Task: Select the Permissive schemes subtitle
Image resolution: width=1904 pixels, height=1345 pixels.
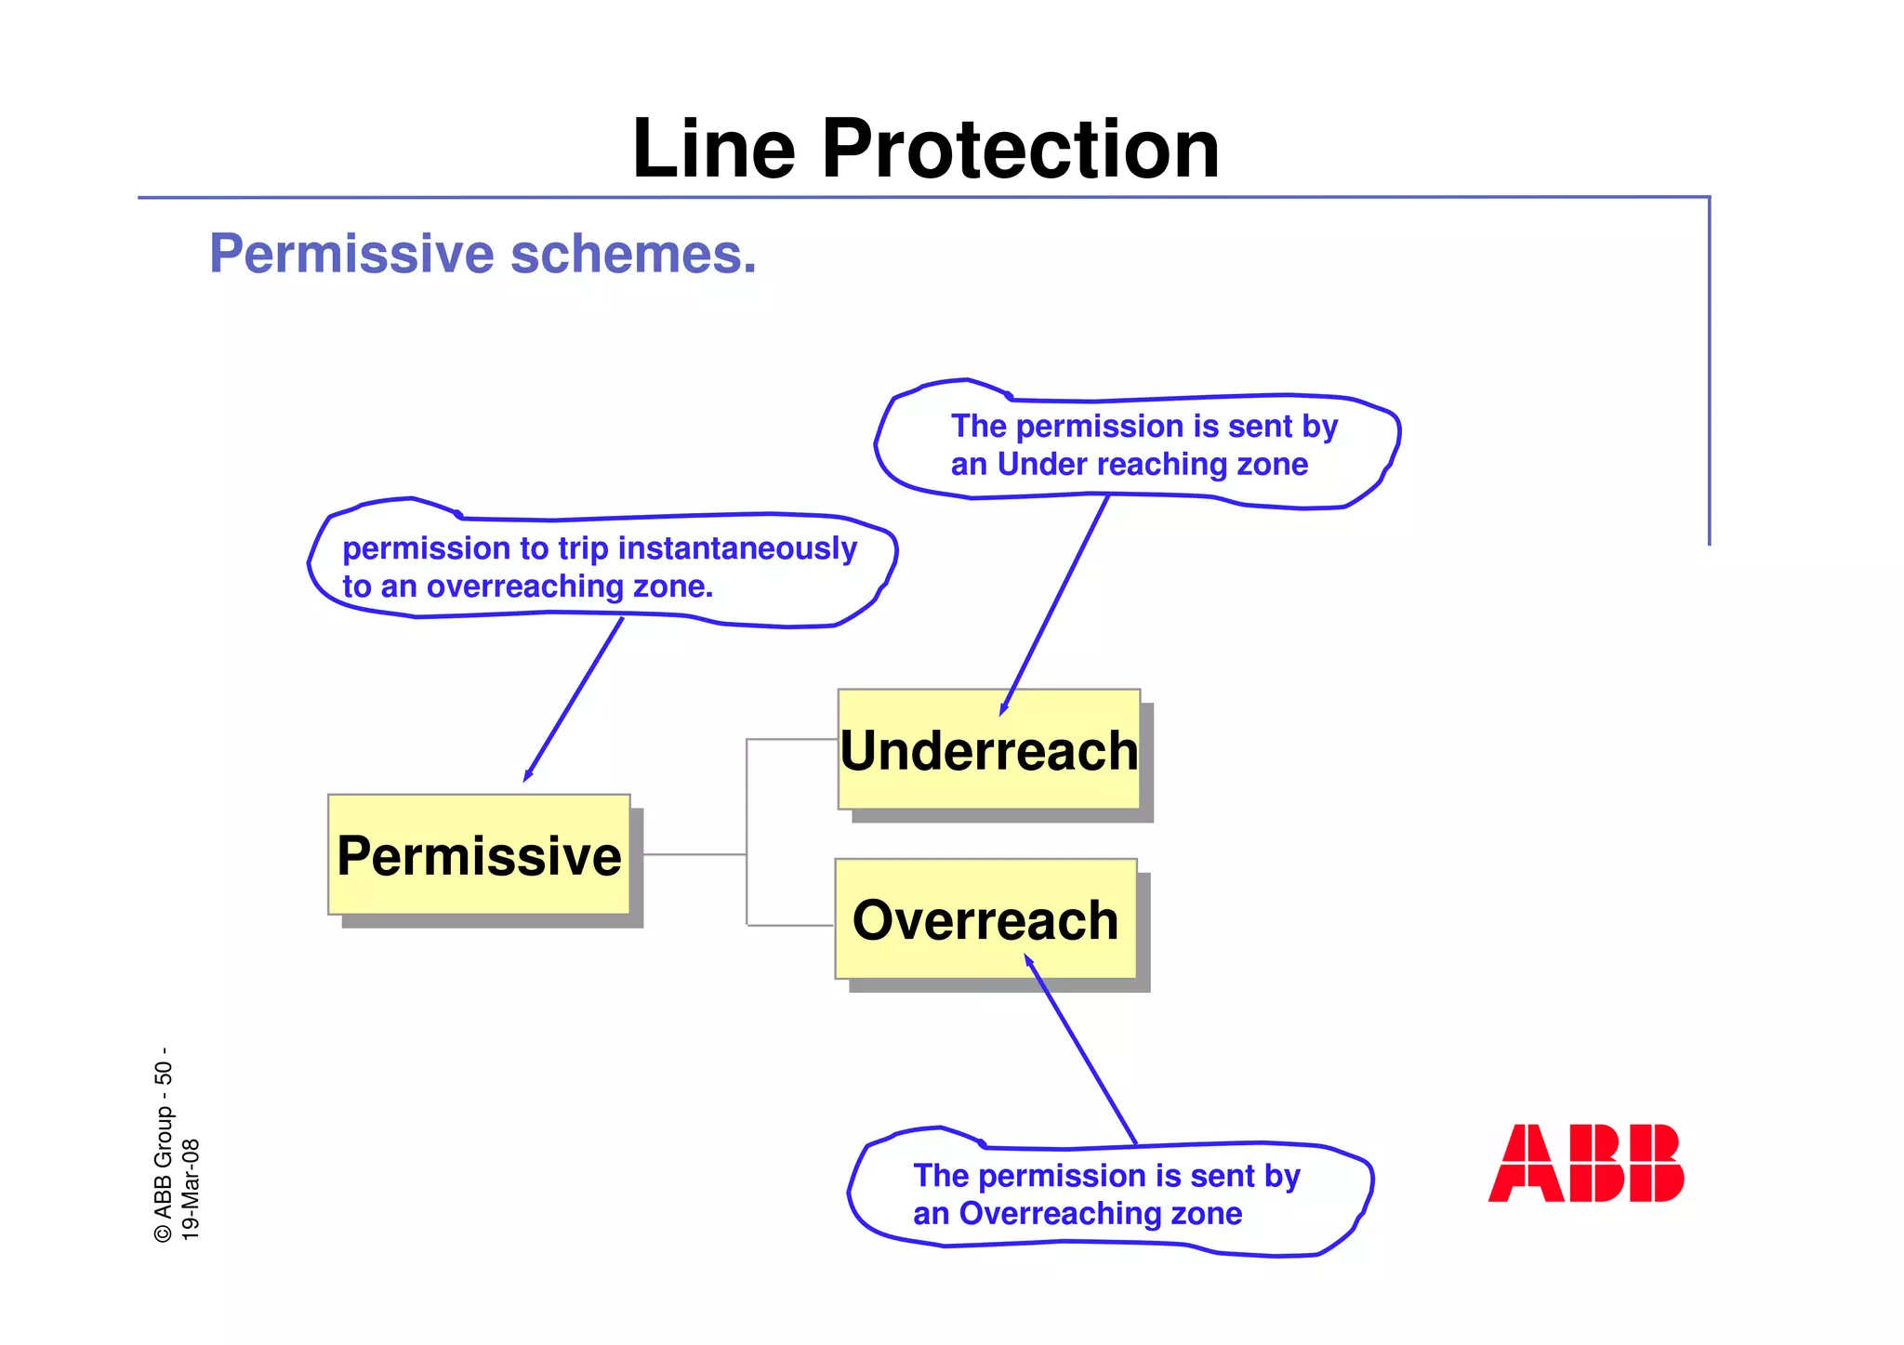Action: coord(483,254)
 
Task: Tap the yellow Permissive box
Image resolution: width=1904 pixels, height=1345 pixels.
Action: coord(479,855)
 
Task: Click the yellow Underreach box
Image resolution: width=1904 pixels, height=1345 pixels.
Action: coord(988,750)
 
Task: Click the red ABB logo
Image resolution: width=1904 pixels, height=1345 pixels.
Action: coord(1585,1164)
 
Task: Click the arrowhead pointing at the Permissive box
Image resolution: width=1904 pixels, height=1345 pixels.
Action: coord(527,776)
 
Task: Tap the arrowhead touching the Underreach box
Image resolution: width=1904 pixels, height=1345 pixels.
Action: coord(1003,710)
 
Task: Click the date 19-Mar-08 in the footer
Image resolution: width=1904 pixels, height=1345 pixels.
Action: coord(190,1189)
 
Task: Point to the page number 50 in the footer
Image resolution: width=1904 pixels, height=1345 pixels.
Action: coord(164,1073)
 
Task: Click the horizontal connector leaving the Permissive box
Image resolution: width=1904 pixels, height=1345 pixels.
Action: coord(694,854)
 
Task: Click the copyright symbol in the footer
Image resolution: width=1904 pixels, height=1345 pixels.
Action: coord(164,1233)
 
